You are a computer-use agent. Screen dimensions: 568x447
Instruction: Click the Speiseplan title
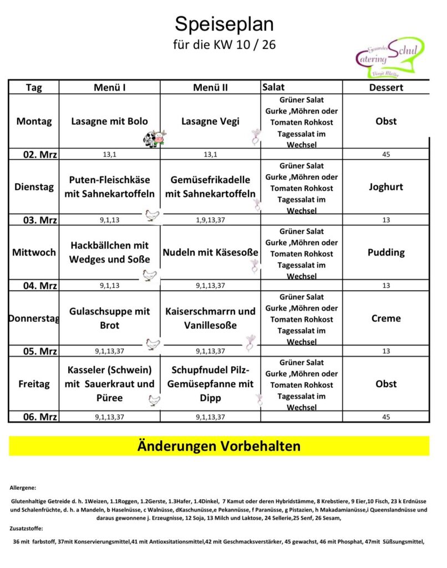click(x=224, y=24)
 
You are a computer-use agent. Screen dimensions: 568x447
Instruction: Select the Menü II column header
click(x=210, y=88)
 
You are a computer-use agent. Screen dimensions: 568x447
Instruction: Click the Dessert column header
click(x=386, y=88)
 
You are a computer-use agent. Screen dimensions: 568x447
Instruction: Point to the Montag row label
click(x=34, y=121)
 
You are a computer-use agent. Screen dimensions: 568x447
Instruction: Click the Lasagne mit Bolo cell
click(x=109, y=121)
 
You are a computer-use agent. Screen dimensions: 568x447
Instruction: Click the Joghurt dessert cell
click(x=386, y=187)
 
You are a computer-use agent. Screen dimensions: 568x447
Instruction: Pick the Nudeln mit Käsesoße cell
click(x=210, y=252)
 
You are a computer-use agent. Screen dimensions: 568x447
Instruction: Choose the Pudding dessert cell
click(x=386, y=252)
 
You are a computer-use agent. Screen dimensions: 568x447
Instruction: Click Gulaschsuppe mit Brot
click(x=109, y=318)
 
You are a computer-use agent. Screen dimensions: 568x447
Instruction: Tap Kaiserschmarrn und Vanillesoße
click(x=210, y=318)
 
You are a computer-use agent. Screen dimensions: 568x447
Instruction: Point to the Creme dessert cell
click(x=386, y=318)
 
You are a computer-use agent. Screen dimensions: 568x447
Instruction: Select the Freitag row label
click(x=34, y=384)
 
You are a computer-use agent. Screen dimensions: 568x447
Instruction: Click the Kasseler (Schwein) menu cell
click(x=109, y=384)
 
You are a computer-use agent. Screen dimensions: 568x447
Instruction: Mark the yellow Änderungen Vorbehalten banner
click(x=219, y=446)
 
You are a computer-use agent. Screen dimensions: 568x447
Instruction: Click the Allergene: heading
click(x=23, y=488)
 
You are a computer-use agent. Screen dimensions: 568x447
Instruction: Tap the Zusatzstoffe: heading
click(x=26, y=529)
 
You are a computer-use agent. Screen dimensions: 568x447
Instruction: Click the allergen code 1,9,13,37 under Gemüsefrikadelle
click(x=210, y=220)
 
